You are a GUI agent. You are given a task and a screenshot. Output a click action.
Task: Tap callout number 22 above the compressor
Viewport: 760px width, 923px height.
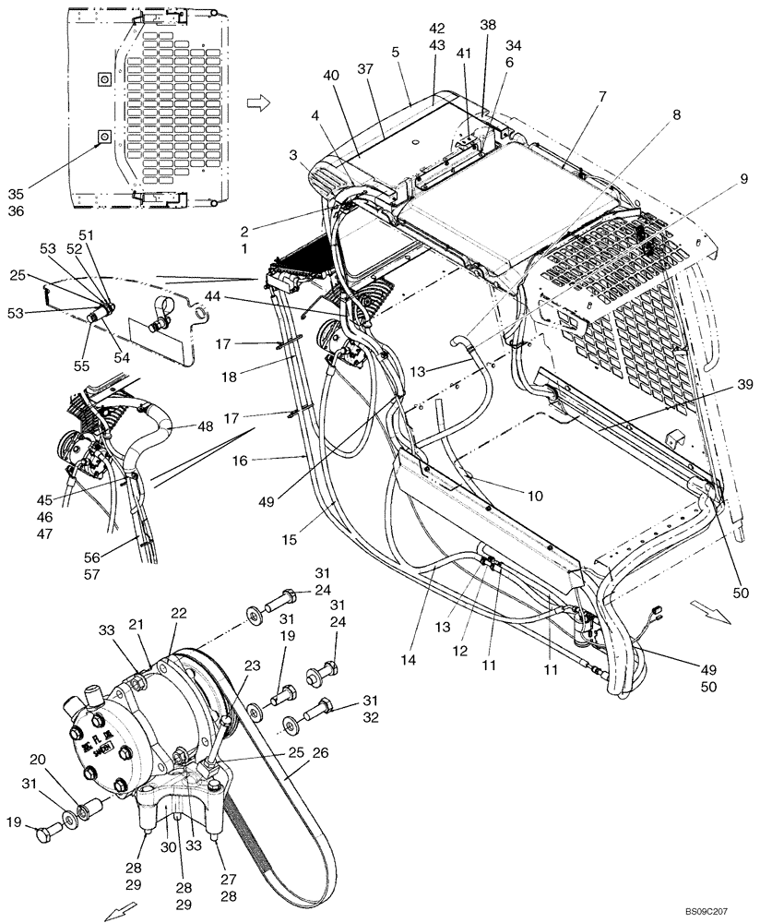(x=178, y=614)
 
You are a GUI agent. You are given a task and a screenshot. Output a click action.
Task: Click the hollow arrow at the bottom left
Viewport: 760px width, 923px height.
(x=116, y=912)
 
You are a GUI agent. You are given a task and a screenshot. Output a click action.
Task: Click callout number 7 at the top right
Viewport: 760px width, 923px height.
(x=602, y=97)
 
